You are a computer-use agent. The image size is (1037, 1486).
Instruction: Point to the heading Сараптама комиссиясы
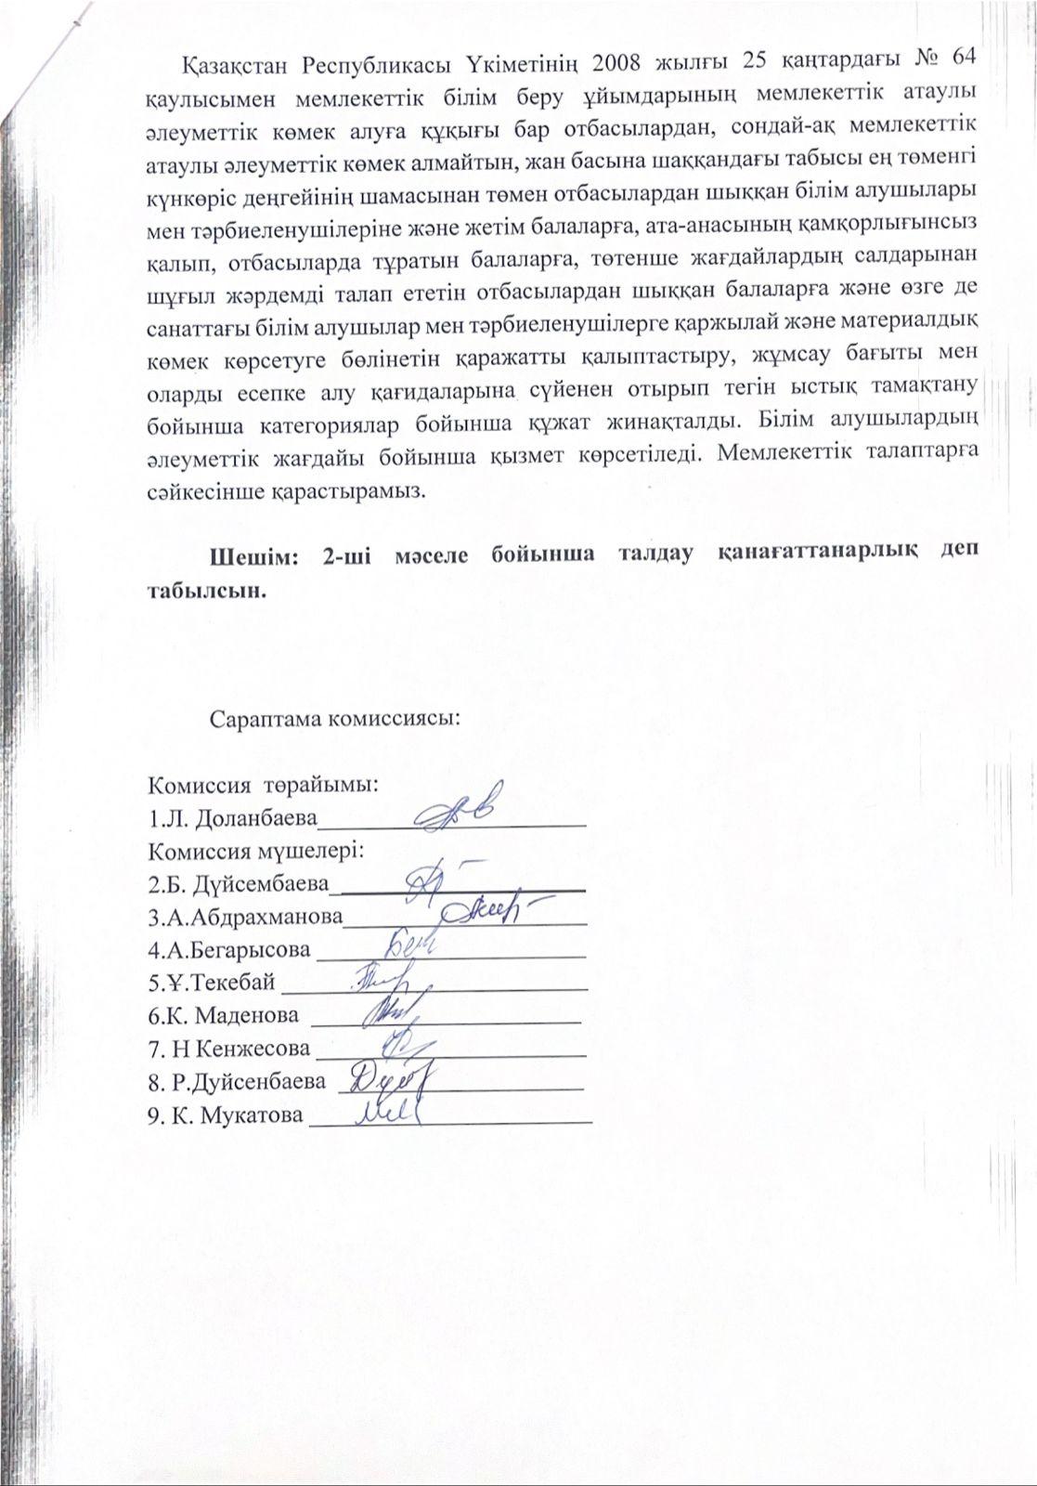pyautogui.click(x=335, y=719)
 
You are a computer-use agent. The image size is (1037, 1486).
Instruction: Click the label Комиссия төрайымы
pyautogui.click(x=264, y=785)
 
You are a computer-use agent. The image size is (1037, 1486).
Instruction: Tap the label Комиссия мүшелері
pyautogui.click(x=255, y=851)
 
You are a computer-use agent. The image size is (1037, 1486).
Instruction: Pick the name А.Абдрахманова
pyautogui.click(x=245, y=917)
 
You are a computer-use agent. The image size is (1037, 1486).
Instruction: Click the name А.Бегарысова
pyautogui.click(x=229, y=950)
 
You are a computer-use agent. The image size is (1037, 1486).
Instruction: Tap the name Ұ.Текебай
pyautogui.click(x=212, y=983)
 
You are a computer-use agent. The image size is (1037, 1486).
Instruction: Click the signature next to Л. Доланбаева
pyautogui.click(x=458, y=807)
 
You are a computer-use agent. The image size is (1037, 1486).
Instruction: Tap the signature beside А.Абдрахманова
pyautogui.click(x=492, y=912)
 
